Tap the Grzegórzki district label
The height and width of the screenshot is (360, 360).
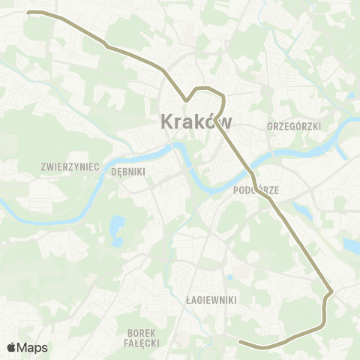pyautogui.click(x=294, y=127)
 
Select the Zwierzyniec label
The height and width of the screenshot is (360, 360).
pyautogui.click(x=71, y=166)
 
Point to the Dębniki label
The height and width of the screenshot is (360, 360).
pyautogui.click(x=127, y=171)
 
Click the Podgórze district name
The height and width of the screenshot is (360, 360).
pyautogui.click(x=256, y=190)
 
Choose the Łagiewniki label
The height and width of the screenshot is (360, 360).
pyautogui.click(x=211, y=299)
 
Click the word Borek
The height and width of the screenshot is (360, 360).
pyautogui.click(x=141, y=332)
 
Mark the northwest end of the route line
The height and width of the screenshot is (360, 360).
pyautogui.click(x=28, y=13)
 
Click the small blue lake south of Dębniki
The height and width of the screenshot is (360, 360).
pyautogui.click(x=117, y=224)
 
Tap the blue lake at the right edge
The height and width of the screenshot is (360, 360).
pyautogui.click(x=352, y=244)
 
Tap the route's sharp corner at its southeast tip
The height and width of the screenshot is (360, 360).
pyautogui.click(x=331, y=289)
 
